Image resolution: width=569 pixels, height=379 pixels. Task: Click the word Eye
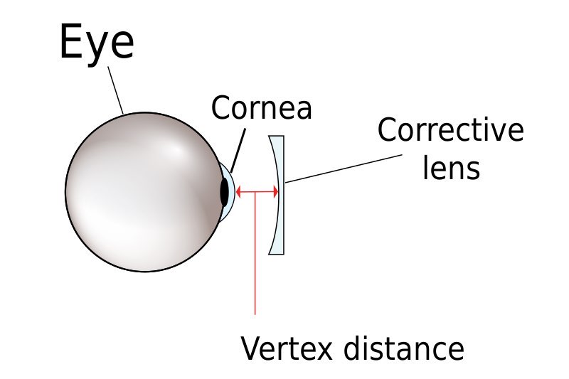pos(97,43)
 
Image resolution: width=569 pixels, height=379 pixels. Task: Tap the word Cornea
pos(262,107)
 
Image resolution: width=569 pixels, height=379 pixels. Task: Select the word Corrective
pos(451,130)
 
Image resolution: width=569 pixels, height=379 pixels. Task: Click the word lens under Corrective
pos(452,168)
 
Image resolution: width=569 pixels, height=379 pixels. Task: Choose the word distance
pos(404,348)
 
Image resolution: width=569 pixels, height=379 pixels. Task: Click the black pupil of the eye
pos(224,191)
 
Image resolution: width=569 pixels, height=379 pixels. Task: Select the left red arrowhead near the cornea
pos(239,191)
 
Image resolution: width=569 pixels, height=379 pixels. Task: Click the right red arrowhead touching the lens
pos(275,191)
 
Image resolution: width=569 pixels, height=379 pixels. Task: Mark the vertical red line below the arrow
pos(255,253)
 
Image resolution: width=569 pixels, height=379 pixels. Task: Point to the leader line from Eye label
pos(115,90)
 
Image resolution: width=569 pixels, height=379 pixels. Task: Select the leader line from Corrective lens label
pos(344,169)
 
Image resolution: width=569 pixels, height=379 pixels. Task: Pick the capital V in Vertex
pos(252,348)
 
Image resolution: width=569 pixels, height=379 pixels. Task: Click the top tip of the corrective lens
pos(276,136)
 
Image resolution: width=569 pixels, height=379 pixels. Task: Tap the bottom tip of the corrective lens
pos(276,255)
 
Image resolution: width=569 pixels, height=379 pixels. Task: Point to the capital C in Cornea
pos(220,107)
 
